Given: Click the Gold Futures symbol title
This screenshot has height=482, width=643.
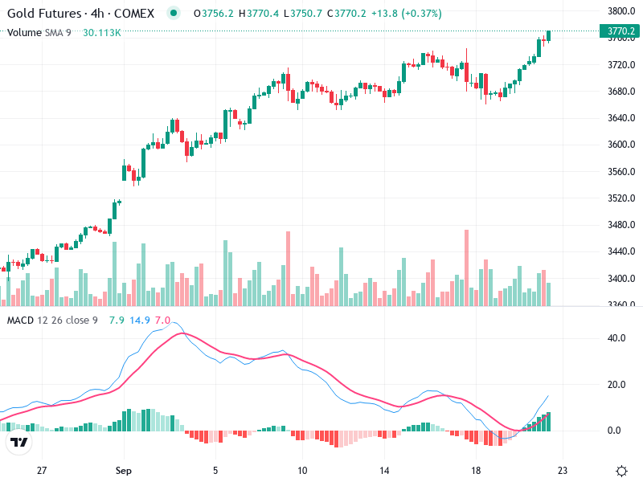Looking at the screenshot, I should click(80, 14).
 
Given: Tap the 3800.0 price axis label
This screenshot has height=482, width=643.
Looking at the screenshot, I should click(622, 11).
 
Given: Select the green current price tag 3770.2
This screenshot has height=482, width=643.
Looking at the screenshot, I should click(621, 32).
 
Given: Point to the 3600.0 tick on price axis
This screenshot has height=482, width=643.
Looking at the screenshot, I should click(622, 145).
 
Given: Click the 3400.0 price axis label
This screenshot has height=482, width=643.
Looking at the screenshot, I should click(622, 279).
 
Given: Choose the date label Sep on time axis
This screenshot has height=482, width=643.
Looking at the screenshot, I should click(123, 471).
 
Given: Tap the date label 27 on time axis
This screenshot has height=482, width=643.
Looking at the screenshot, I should click(43, 471).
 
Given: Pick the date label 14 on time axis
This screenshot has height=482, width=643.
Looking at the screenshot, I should click(386, 471).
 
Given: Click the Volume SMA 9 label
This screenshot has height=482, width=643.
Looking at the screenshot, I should click(39, 32).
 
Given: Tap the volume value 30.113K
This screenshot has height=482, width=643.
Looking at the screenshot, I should click(102, 32).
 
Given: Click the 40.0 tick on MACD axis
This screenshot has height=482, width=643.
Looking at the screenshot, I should click(616, 338).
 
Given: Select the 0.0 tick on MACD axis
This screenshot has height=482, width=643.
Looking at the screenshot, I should click(616, 431).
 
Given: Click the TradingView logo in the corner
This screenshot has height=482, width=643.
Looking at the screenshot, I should click(19, 443).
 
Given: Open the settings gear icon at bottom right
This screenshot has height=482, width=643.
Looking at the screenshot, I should click(620, 471).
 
